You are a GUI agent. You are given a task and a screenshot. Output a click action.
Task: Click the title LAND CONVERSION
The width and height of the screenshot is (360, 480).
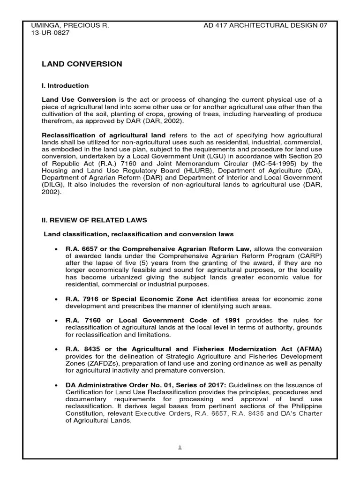pos(82,64)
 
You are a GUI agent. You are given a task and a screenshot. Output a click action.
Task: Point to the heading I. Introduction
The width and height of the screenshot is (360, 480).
pos(65,86)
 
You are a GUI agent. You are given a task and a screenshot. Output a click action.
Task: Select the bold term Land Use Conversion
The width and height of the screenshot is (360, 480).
pos(79,100)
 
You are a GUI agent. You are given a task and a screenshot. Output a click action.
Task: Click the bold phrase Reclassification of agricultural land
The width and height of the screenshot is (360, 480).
pos(104,135)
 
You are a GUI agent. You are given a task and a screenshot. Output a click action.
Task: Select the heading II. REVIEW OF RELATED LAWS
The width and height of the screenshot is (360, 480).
pos(94,220)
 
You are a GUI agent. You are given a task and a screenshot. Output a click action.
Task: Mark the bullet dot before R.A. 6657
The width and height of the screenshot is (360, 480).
pos(56,249)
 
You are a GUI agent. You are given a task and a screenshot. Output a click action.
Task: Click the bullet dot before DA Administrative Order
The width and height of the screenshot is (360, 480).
pos(56,385)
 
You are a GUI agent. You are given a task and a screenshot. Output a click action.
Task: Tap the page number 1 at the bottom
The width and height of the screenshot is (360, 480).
pos(180,448)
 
